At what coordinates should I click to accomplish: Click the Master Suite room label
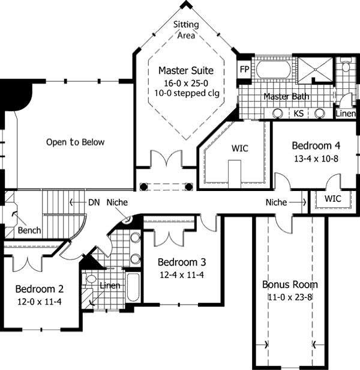[x=185, y=70]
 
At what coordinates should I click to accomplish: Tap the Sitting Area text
[x=185, y=29]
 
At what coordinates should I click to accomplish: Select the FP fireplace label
[x=244, y=69]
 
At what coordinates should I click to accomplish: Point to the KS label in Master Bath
[x=298, y=113]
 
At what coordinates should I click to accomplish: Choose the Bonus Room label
[x=290, y=284]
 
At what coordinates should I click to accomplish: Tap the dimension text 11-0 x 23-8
[x=290, y=297]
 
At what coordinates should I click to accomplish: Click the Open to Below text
[x=75, y=142]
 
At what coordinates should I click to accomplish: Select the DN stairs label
[x=94, y=202]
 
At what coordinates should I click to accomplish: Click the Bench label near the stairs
[x=29, y=231]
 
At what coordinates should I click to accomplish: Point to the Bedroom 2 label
[x=40, y=288]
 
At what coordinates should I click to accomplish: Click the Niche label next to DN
[x=118, y=202]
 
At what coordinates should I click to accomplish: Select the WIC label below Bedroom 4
[x=333, y=198]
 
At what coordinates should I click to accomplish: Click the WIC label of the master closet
[x=239, y=148]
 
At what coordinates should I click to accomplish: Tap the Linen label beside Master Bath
[x=345, y=113]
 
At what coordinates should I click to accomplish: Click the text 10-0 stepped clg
[x=185, y=93]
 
